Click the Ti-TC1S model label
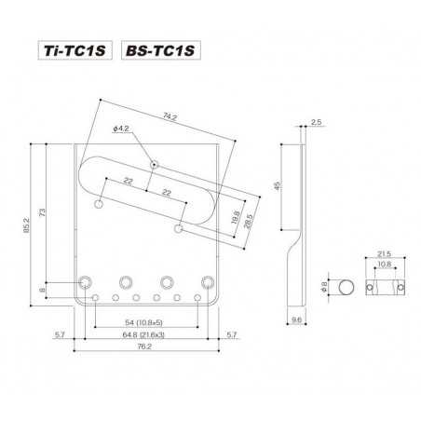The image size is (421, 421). click(75, 50)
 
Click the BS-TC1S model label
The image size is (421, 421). click(161, 50)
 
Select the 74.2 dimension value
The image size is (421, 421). click(170, 116)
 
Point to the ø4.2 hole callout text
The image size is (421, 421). click(121, 129)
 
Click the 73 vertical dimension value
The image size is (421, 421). click(42, 212)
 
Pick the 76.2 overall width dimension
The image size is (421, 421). click(144, 346)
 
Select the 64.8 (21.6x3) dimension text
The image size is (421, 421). click(143, 334)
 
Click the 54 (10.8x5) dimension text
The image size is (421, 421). click(143, 322)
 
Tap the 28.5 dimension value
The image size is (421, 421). click(249, 221)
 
